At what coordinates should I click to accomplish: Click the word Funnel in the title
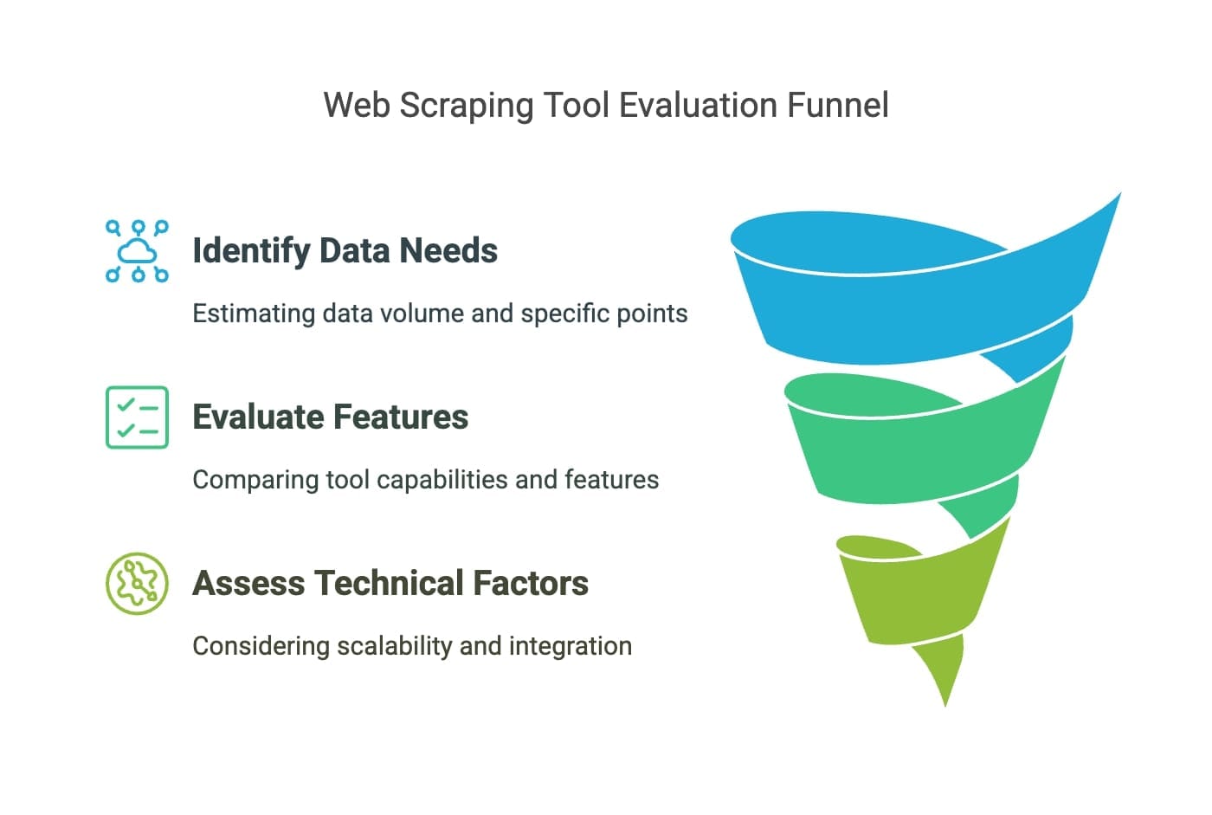click(837, 106)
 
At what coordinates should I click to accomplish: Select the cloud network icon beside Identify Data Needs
click(137, 251)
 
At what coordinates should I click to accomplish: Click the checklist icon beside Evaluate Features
click(137, 417)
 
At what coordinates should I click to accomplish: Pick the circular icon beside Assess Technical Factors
click(137, 584)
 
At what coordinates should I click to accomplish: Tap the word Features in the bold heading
click(403, 417)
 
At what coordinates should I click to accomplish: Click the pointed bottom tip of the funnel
click(944, 700)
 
